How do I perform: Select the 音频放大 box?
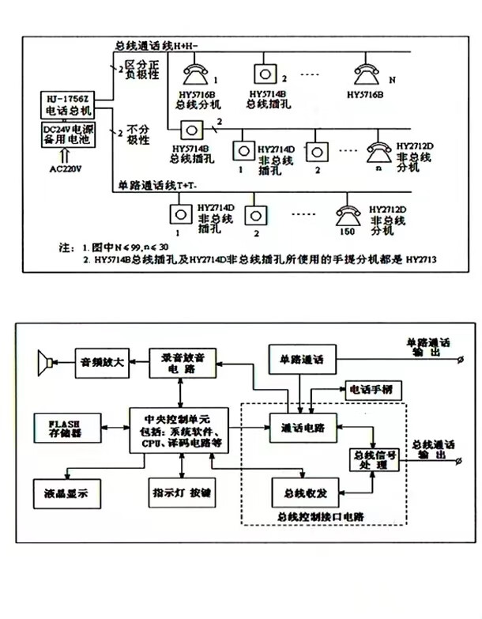click(x=101, y=362)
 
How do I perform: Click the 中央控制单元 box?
click(x=182, y=430)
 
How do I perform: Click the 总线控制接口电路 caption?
click(x=322, y=517)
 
